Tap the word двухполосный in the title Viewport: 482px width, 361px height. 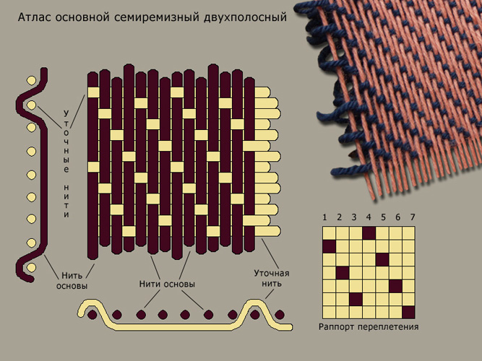pyautogui.click(x=245, y=17)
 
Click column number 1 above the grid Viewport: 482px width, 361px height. pyautogui.click(x=324, y=217)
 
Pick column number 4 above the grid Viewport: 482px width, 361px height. pyautogui.click(x=369, y=217)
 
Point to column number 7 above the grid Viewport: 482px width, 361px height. pyautogui.click(x=413, y=217)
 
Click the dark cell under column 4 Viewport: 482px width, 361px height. pyautogui.click(x=369, y=233)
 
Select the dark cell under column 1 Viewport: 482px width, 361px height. pyautogui.click(x=330, y=246)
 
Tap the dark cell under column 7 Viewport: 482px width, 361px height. pyautogui.click(x=408, y=312)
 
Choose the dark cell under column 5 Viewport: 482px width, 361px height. pyautogui.click(x=382, y=260)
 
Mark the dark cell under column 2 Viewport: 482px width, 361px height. pyautogui.click(x=343, y=273)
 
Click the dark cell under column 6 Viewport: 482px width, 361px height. pyautogui.click(x=395, y=286)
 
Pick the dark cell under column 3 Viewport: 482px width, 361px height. pyautogui.click(x=356, y=299)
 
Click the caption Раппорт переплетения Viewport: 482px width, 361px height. pyautogui.click(x=369, y=326)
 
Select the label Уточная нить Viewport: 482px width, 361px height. pyautogui.click(x=272, y=278)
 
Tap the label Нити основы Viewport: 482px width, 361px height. pyautogui.click(x=167, y=284)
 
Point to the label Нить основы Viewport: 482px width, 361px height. pyautogui.click(x=72, y=281)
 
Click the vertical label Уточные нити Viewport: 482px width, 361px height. pyautogui.click(x=66, y=164)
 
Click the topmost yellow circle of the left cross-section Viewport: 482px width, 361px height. pyautogui.click(x=31, y=80)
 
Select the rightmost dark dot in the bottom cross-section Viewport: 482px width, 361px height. pyautogui.click(x=279, y=315)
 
